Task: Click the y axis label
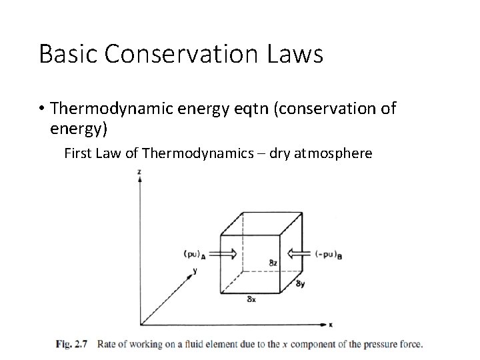pyautogui.click(x=196, y=271)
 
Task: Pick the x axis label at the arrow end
pyautogui.click(x=329, y=325)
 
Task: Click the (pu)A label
pyautogui.click(x=194, y=253)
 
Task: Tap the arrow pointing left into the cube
pyautogui.click(x=299, y=253)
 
